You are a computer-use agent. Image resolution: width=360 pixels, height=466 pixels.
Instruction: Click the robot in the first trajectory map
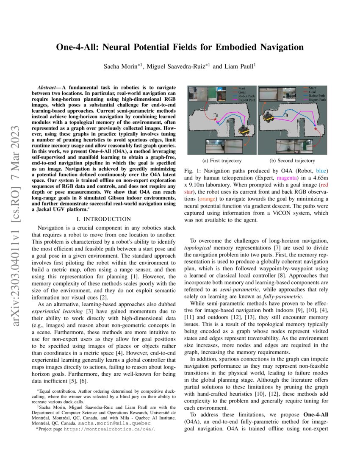click(x=244, y=131)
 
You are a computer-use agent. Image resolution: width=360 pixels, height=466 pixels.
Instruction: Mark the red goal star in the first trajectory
click(x=215, y=121)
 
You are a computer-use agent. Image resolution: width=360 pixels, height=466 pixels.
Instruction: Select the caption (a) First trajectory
click(x=222, y=161)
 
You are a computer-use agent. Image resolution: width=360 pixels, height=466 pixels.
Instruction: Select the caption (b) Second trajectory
click(x=292, y=161)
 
